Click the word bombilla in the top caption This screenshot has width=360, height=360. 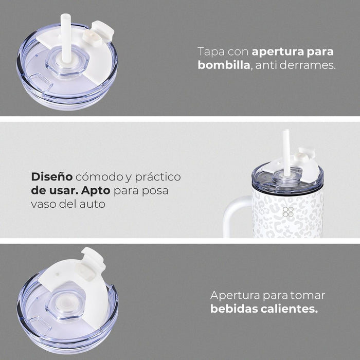224,65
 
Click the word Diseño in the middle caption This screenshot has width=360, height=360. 52,176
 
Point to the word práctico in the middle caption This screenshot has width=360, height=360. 158,177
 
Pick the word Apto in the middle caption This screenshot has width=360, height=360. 96,191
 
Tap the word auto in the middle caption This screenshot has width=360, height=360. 92,204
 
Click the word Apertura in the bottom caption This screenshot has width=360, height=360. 235,296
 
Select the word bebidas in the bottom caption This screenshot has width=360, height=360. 233,309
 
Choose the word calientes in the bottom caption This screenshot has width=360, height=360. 289,309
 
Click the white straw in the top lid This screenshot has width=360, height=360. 66,38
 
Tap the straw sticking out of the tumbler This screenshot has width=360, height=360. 286,153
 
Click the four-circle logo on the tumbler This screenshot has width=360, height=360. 288,212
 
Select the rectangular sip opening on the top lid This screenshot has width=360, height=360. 41,81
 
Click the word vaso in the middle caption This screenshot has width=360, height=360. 43,204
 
